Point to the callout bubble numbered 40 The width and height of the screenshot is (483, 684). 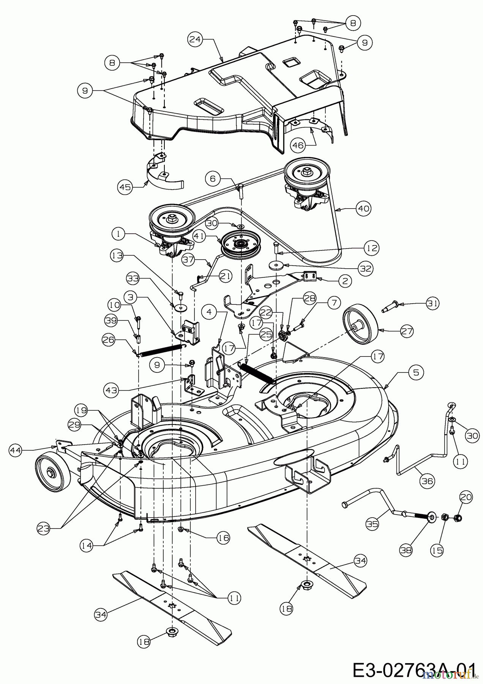click(363, 208)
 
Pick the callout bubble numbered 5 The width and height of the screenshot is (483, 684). click(416, 372)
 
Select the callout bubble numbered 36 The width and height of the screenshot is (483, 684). click(427, 481)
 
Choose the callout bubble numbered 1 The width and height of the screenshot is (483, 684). click(119, 234)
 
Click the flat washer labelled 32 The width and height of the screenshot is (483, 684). click(276, 265)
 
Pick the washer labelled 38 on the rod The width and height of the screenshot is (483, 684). click(432, 517)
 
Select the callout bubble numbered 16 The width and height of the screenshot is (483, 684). click(223, 538)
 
